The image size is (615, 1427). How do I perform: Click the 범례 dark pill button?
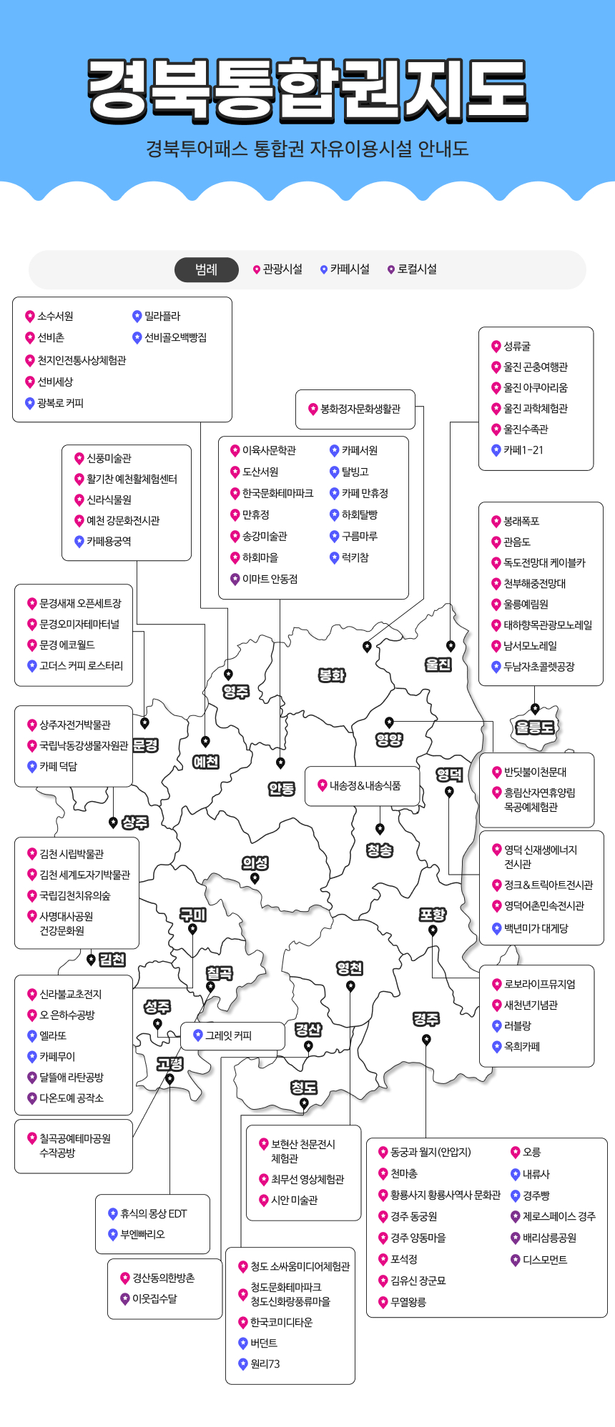207,269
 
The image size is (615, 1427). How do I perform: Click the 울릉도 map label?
534,728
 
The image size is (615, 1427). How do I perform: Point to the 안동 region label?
281,789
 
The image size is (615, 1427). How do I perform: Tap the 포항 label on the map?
433,915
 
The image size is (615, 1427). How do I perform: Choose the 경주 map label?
426,1019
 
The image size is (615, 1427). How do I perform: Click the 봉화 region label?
332,675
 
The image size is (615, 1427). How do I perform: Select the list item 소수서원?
55,317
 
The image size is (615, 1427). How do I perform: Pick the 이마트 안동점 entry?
270,580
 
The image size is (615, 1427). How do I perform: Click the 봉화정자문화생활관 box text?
360,409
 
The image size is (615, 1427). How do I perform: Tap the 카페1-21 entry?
523,450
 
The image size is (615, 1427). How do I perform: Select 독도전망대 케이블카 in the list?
544,563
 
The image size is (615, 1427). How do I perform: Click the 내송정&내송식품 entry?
365,786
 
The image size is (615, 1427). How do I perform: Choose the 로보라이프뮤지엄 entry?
539,985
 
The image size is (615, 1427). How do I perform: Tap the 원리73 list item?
265,1364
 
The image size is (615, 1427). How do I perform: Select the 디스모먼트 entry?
544,1260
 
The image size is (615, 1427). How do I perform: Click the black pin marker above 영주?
228,674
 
